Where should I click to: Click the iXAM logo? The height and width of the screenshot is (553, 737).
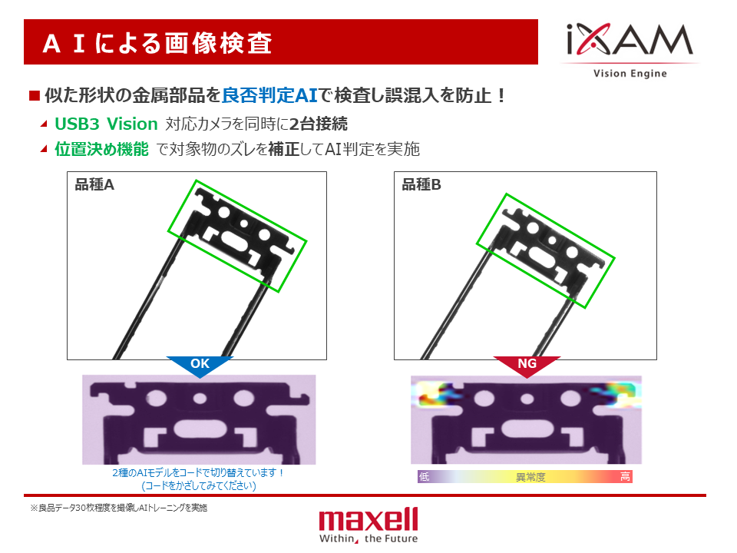[x=630, y=40]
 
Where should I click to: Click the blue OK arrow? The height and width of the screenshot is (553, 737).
[x=200, y=366]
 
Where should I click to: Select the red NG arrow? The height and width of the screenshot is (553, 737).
[x=527, y=366]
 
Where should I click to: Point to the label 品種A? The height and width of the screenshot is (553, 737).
[x=94, y=185]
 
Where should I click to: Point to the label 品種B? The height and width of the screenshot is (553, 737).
[x=421, y=185]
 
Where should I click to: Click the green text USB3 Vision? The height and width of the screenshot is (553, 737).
[x=106, y=124]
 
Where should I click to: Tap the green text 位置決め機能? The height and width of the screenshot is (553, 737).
[x=101, y=149]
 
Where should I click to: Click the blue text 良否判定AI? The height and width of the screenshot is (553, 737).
[x=269, y=95]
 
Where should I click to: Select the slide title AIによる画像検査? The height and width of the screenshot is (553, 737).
[x=157, y=43]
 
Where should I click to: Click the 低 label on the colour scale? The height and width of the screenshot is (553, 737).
[x=424, y=477]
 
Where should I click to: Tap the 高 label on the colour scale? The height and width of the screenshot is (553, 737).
[x=625, y=477]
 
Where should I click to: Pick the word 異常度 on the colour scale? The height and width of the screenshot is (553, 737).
[x=530, y=477]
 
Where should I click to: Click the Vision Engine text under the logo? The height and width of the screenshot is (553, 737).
[x=630, y=74]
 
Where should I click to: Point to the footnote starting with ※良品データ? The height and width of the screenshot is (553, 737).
[x=119, y=508]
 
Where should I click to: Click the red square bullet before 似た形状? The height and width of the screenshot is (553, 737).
[x=35, y=96]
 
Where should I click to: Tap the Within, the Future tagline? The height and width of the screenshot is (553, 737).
[x=368, y=538]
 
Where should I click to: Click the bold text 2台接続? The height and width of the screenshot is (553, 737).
[x=318, y=124]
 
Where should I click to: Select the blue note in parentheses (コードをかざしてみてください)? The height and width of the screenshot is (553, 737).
[x=199, y=485]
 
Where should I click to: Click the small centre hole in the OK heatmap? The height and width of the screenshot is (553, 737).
[x=200, y=399]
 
